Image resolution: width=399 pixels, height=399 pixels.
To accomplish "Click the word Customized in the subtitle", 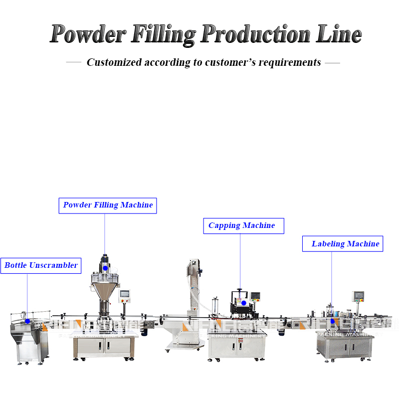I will pyautogui.click(x=114, y=62).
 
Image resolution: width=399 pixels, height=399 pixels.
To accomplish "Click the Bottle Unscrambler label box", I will pyautogui.click(x=41, y=265).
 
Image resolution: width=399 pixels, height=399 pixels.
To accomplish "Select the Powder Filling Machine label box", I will pyautogui.click(x=108, y=205).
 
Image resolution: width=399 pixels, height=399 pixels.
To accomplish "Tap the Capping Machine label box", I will pyautogui.click(x=243, y=225).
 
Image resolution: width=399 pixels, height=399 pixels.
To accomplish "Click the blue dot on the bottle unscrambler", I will pyautogui.click(x=28, y=321).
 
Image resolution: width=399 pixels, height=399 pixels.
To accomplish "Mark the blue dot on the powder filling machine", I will pyautogui.click(x=105, y=268).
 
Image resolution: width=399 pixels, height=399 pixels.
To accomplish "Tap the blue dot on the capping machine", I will pyautogui.click(x=243, y=303).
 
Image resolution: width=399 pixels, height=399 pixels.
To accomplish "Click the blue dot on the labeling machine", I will pyautogui.click(x=333, y=321).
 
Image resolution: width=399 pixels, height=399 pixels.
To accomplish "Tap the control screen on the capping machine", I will pyautogui.click(x=255, y=297).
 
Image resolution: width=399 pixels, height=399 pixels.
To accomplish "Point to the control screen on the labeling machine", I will pyautogui.click(x=358, y=296).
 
